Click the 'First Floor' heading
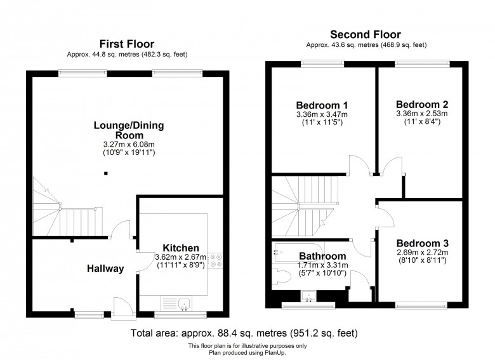tap(127, 44)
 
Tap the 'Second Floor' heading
tap(366, 34)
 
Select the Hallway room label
tap(105, 269)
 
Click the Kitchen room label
tap(181, 248)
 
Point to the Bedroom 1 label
tap(322, 105)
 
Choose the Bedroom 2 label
tap(422, 104)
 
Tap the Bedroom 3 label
tap(423, 243)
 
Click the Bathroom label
tap(322, 256)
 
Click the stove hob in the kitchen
tap(216, 261)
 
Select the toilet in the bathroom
tap(281, 276)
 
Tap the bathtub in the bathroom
tap(299, 252)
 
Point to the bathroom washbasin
tap(309, 297)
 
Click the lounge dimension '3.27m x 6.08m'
tap(129, 145)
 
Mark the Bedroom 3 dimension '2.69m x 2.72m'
tap(423, 252)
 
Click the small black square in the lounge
tap(106, 173)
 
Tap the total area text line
tap(244, 333)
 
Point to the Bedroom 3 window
tap(421, 305)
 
